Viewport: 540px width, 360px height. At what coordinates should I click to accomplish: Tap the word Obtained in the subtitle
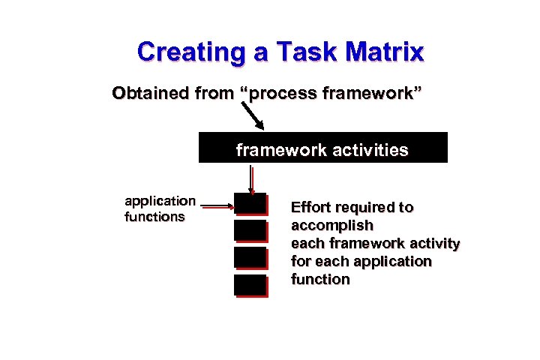pyautogui.click(x=146, y=94)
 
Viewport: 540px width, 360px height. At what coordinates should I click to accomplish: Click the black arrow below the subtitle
pyautogui.click(x=254, y=117)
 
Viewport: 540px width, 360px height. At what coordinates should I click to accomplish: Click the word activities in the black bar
pyautogui.click(x=371, y=150)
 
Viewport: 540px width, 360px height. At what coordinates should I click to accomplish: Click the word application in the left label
pyautogui.click(x=160, y=201)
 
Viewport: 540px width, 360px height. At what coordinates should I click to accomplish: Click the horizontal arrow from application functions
pyautogui.click(x=217, y=202)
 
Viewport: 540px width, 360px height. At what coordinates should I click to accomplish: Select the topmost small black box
pyautogui.click(x=250, y=204)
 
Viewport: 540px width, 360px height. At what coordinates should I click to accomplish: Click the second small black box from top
pyautogui.click(x=250, y=230)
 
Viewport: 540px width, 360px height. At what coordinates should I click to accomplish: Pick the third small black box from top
pyautogui.click(x=250, y=258)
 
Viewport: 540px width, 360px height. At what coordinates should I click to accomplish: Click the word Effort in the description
pyautogui.click(x=308, y=207)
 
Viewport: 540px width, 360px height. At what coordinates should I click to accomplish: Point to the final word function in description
pyautogui.click(x=320, y=279)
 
